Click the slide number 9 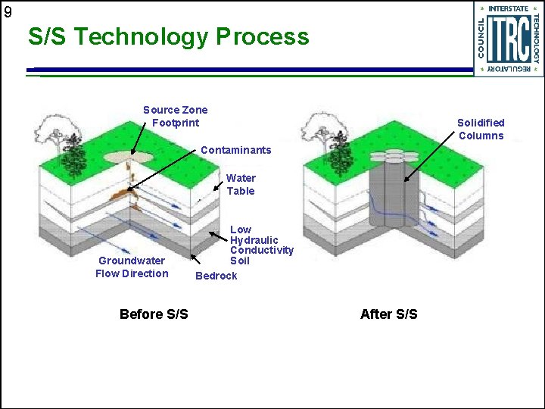click(7, 11)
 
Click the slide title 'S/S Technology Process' click(168, 36)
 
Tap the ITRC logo click(509, 39)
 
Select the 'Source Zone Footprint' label click(175, 116)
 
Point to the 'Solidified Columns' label click(481, 129)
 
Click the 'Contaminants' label click(235, 150)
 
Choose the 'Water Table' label click(241, 185)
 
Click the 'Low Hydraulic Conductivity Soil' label click(260, 245)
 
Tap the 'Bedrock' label click(216, 276)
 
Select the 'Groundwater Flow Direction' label click(132, 267)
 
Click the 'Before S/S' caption click(154, 314)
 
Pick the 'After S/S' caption click(388, 314)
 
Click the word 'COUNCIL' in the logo click(482, 39)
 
